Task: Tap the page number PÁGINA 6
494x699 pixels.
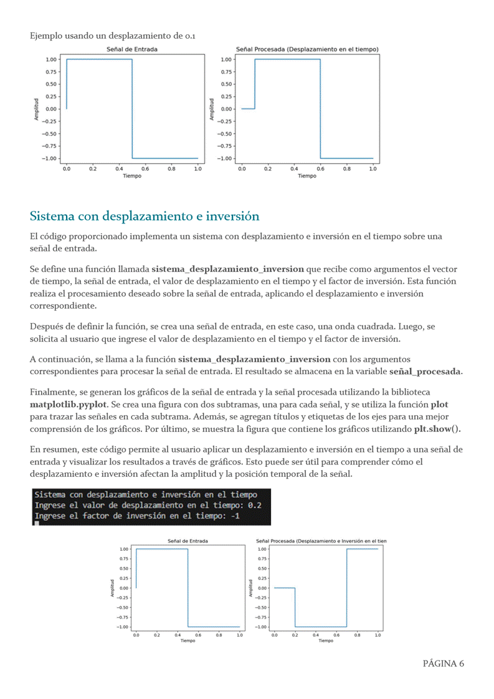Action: [443, 663]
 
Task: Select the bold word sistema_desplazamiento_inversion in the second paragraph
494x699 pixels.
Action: [227, 269]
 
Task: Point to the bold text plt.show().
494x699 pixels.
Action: [437, 429]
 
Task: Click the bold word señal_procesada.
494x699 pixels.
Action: [425, 371]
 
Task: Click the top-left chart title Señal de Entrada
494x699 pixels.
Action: [132, 49]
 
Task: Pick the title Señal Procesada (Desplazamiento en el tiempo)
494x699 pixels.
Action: [306, 49]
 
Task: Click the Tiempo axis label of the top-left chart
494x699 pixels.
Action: [132, 176]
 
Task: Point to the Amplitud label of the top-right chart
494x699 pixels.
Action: [212, 108]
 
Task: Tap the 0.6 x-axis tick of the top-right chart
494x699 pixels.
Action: [320, 168]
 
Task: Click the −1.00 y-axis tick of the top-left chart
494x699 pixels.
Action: [50, 158]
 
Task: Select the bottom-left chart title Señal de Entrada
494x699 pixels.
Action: [188, 542]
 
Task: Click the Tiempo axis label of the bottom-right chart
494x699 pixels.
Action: [325, 640]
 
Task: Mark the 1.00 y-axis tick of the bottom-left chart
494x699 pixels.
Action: [123, 549]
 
